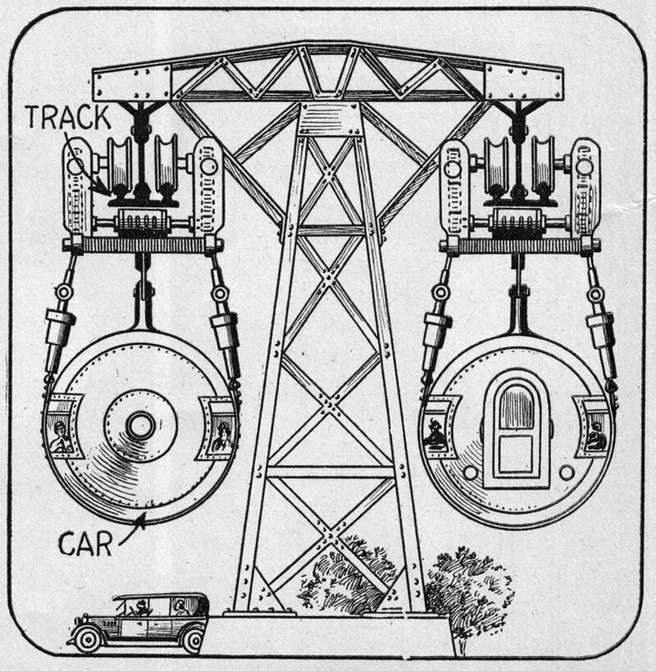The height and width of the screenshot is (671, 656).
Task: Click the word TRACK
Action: point(69,117)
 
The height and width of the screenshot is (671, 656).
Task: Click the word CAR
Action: point(84,544)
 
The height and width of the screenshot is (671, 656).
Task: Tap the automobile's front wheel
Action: point(88,639)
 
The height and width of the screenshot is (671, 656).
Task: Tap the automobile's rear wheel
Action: point(194,641)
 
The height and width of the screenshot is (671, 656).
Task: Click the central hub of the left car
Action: point(140,426)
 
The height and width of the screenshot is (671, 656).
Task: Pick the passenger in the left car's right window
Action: point(221,437)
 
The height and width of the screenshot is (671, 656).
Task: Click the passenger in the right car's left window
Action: point(435,433)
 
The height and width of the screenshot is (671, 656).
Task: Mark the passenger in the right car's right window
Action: point(594,435)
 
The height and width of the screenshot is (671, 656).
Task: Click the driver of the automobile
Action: point(140,607)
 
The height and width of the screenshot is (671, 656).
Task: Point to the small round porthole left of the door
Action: point(470,473)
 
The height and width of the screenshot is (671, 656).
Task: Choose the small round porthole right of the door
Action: point(567,473)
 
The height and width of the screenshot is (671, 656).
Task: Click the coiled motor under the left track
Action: point(143,223)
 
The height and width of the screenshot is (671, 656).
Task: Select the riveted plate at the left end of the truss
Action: point(132,84)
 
